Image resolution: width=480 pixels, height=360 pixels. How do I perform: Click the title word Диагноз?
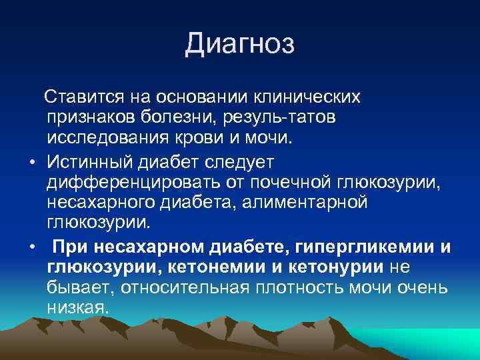[x=239, y=45]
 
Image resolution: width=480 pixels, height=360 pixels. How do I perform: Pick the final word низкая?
[x=76, y=309]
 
